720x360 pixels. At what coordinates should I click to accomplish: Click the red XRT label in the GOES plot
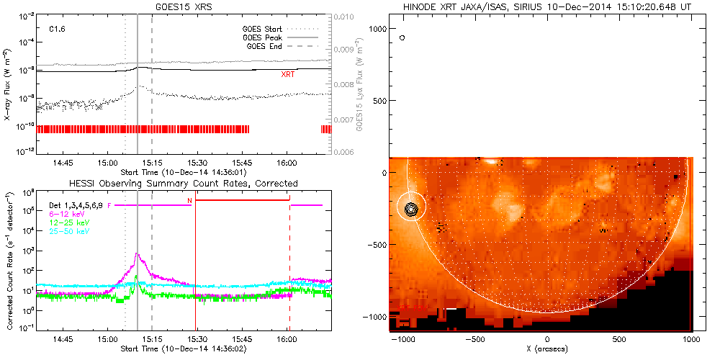[287, 74]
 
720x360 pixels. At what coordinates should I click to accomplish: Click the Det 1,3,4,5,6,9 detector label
[77, 206]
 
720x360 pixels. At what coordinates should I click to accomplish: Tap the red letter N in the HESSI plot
[189, 200]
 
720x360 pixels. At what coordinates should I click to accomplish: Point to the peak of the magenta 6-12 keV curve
[136, 253]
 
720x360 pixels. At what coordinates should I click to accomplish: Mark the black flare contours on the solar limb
[410, 209]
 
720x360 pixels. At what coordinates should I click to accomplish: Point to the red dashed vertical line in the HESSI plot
[289, 274]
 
